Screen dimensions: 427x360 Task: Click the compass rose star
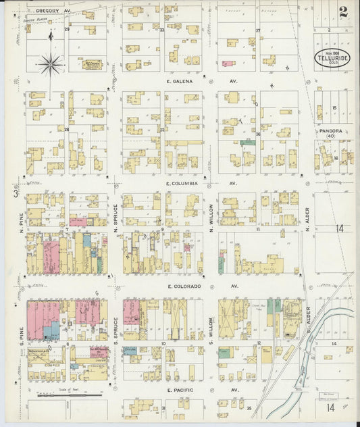(51, 64)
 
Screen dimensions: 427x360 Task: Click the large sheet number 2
(344, 11)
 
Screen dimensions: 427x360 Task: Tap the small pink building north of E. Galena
(228, 64)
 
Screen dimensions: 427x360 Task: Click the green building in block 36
(248, 143)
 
